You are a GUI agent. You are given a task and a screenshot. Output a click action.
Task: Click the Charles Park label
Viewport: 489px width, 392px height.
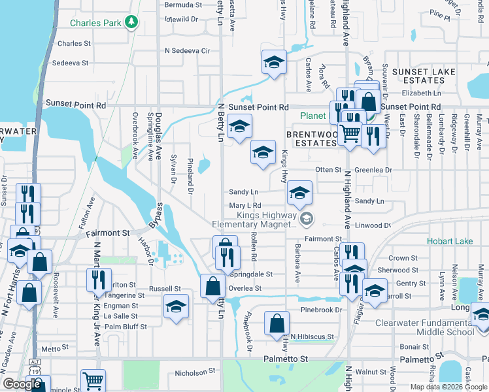tap(97, 23)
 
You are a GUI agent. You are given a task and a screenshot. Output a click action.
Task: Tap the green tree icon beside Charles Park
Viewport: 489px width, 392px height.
tap(132, 22)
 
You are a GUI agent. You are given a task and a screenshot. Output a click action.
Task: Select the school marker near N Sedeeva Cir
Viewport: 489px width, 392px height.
tap(274, 63)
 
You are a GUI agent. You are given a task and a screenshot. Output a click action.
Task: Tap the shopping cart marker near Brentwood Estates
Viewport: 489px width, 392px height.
tap(350, 133)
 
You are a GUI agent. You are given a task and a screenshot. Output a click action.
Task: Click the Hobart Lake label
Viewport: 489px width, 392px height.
tap(450, 241)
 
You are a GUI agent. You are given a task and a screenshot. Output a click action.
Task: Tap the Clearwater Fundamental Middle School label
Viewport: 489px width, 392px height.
tap(425, 327)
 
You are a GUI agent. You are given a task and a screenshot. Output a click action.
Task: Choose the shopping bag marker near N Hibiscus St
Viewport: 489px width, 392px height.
tap(277, 323)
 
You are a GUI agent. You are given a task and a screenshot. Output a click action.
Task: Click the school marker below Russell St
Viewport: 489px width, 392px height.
tap(176, 306)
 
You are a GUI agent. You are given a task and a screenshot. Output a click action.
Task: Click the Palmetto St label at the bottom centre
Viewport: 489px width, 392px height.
tap(285, 359)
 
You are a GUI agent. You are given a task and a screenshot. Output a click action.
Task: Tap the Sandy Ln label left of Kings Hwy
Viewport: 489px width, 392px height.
tap(244, 192)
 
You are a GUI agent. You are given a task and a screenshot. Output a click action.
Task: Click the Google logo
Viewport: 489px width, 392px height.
tap(22, 384)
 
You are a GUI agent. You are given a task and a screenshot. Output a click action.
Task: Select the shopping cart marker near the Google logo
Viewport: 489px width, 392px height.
tap(93, 380)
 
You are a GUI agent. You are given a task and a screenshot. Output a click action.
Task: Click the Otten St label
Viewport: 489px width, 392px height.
tap(329, 169)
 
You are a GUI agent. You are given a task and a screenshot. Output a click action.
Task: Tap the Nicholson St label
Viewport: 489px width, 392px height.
tap(195, 373)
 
